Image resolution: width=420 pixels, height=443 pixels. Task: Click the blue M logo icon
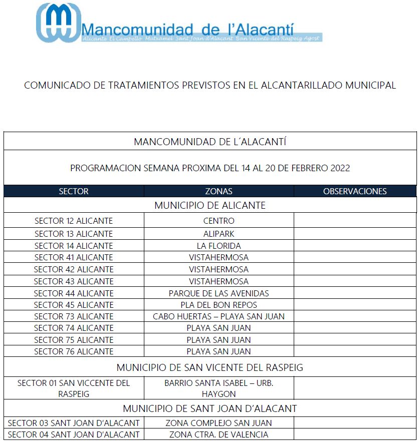tap(58, 23)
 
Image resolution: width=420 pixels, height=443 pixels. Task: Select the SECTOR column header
tap(74, 191)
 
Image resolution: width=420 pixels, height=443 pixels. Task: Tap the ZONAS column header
tap(219, 191)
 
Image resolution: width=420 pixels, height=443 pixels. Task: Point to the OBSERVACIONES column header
tap(355, 191)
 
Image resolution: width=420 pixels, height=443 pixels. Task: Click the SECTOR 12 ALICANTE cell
tap(74, 221)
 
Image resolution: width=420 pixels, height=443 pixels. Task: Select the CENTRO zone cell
tap(219, 221)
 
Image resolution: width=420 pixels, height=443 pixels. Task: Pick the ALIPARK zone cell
tap(219, 234)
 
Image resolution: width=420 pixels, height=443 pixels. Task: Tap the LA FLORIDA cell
tap(219, 246)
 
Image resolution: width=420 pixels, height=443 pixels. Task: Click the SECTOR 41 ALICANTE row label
tap(74, 257)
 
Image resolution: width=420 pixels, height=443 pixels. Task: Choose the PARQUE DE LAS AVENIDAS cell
tap(219, 293)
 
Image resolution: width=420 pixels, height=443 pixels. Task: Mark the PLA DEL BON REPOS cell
tap(219, 305)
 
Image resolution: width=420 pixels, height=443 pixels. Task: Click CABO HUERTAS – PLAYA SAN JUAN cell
tap(219, 316)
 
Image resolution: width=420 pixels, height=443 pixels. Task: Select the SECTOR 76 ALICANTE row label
tap(74, 351)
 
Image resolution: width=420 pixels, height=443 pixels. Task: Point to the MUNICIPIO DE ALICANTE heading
tap(210, 205)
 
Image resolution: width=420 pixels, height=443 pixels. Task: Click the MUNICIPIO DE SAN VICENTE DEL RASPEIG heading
tap(210, 367)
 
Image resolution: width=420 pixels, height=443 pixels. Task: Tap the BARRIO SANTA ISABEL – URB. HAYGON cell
tap(219, 388)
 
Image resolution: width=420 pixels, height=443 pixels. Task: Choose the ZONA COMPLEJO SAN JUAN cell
tap(219, 423)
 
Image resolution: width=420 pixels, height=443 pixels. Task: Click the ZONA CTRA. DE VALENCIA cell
tap(219, 434)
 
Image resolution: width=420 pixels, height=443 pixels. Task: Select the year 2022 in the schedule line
tap(340, 168)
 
